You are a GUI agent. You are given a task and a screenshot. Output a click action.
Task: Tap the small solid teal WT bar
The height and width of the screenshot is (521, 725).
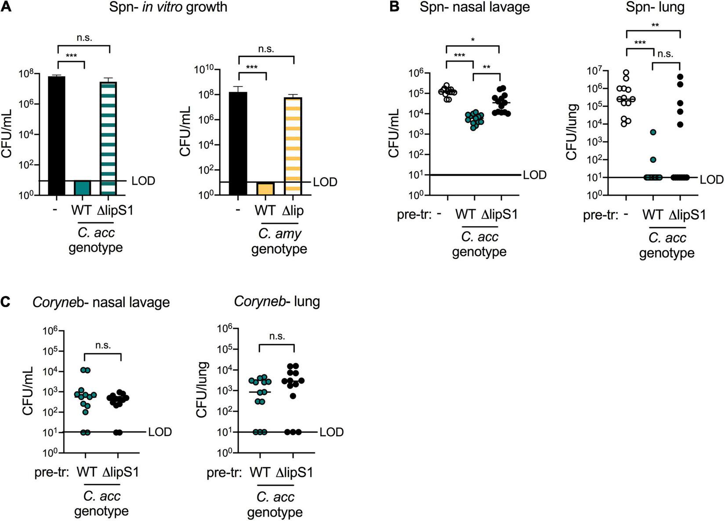[82, 187]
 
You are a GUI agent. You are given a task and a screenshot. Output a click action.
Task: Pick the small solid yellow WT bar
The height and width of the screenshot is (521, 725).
[265, 188]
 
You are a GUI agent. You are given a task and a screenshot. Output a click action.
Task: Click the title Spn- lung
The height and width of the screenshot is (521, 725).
[654, 7]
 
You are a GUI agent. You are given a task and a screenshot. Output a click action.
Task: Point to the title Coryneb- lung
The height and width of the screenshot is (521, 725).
[277, 301]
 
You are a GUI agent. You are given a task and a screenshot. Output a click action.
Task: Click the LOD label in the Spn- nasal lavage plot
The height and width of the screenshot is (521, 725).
[534, 175]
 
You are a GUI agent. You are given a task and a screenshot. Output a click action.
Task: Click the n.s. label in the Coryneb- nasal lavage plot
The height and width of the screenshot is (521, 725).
[103, 345]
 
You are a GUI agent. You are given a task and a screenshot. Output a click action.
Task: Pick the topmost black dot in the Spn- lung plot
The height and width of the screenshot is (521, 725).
[680, 77]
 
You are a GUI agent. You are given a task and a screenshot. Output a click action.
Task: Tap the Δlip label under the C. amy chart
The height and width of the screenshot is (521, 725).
[293, 210]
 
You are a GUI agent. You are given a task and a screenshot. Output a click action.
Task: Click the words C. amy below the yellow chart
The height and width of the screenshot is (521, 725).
[279, 233]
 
